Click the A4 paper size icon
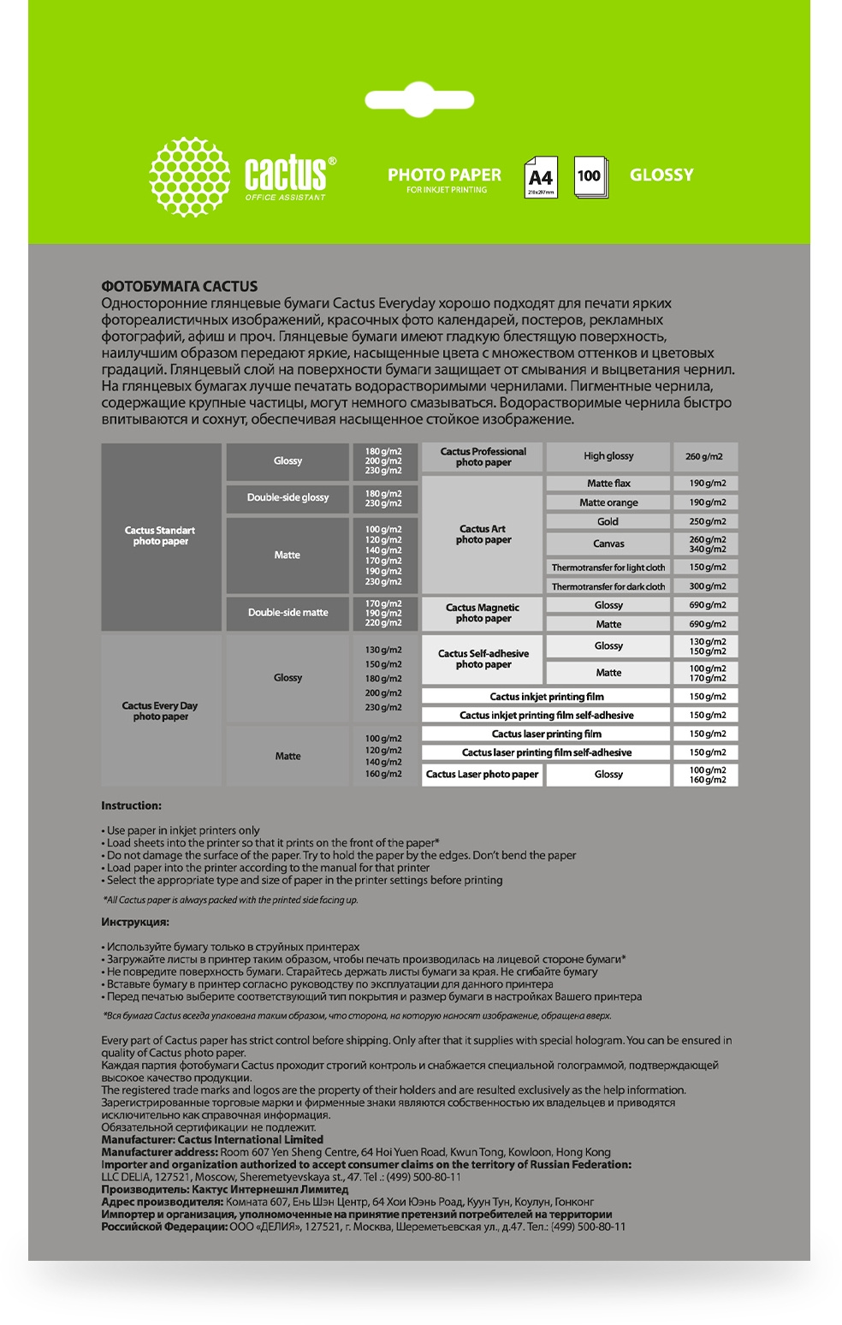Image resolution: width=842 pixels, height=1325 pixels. pyautogui.click(x=540, y=177)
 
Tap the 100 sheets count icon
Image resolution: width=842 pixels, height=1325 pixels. pyautogui.click(x=590, y=177)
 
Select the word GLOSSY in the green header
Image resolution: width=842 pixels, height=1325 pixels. pyautogui.click(x=661, y=175)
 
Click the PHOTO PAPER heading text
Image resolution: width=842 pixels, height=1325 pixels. pyautogui.click(x=444, y=175)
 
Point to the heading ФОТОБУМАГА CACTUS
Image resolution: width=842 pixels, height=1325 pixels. pyautogui.click(x=179, y=287)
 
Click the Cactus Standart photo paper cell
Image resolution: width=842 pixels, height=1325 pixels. pyautogui.click(x=161, y=537)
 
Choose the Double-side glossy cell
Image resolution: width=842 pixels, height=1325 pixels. pyautogui.click(x=288, y=497)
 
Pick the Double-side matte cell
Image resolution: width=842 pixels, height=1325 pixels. pyautogui.click(x=288, y=612)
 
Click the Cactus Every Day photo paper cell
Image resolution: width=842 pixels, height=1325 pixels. pyautogui.click(x=161, y=710)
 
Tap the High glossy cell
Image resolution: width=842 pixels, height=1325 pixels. pyautogui.click(x=608, y=456)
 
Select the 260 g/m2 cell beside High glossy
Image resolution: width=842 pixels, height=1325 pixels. pyautogui.click(x=704, y=456)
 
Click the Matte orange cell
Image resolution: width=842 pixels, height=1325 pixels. pyautogui.click(x=608, y=502)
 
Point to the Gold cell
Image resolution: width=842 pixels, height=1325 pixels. pyautogui.click(x=608, y=521)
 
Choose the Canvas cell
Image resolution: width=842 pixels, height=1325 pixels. pyautogui.click(x=608, y=544)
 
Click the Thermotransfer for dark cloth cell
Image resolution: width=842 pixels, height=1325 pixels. pyautogui.click(x=608, y=586)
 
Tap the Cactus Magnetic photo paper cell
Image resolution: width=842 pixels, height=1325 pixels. pyautogui.click(x=483, y=613)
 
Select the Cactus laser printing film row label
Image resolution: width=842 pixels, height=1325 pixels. pyautogui.click(x=546, y=734)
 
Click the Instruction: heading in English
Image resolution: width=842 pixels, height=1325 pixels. pyautogui.click(x=131, y=805)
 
